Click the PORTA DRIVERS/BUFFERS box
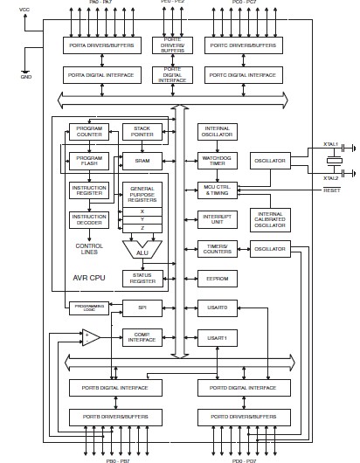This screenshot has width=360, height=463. coord(101,45)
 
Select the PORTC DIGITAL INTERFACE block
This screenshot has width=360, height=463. coord(244,75)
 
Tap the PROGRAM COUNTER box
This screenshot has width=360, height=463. coord(88,133)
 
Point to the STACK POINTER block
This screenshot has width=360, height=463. coord(142,133)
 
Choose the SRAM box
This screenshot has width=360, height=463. coord(142,161)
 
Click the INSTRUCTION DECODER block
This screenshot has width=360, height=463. coord(88,219)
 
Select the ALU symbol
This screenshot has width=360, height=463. coord(142,251)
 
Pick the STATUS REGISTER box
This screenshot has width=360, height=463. coord(142,278)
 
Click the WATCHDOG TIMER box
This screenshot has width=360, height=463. coord(216,161)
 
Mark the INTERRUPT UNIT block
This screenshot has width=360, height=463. coord(216,219)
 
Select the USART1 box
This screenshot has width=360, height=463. coord(216,337)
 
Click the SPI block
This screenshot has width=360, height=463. coord(142,308)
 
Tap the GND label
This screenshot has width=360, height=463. coord(26,77)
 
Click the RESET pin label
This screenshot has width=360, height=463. coord(331,190)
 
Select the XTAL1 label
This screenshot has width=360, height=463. coord(330,144)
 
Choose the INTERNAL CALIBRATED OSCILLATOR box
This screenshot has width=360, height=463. coord(270,219)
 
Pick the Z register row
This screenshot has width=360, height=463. coord(142,228)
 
